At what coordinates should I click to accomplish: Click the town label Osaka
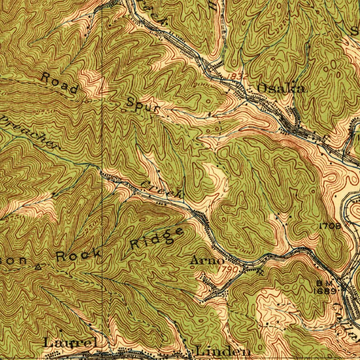[281, 88]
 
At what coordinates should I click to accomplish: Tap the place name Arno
[207, 261]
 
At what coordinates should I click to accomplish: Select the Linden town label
[223, 351]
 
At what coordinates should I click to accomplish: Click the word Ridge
[157, 239]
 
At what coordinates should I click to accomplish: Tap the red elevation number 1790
[230, 269]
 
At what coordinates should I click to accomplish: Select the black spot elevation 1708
[330, 226]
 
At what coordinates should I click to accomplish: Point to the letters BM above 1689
[321, 283]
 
